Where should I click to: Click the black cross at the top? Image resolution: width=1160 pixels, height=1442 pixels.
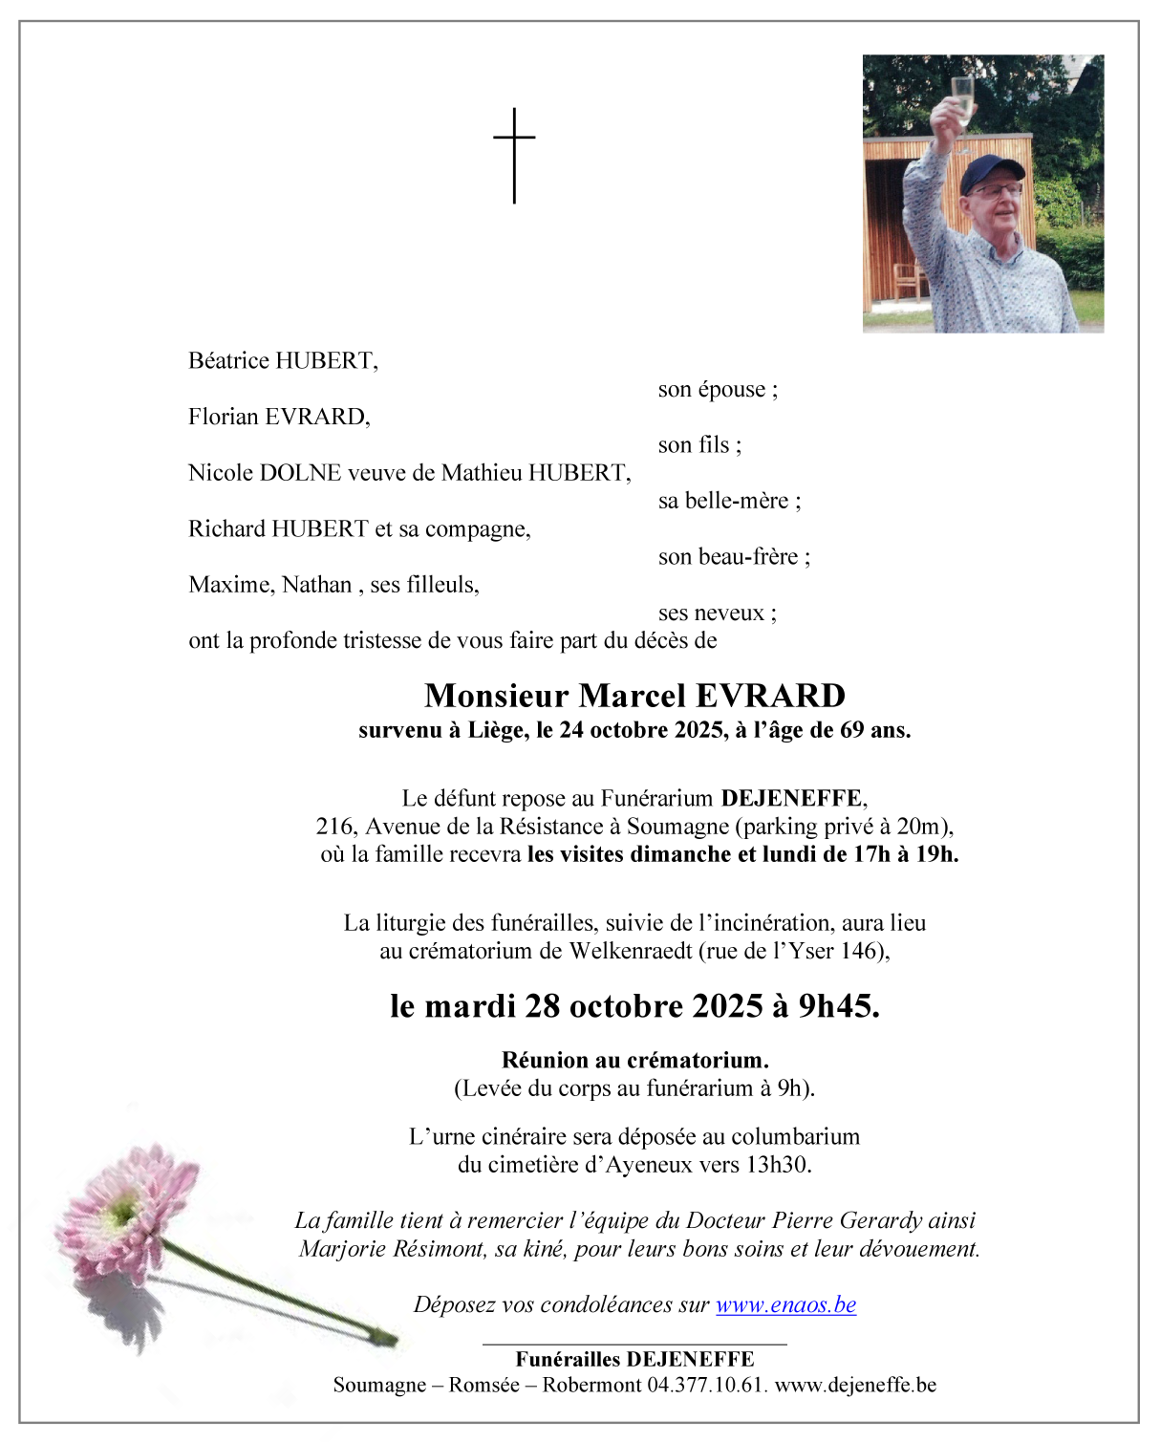pyautogui.click(x=514, y=154)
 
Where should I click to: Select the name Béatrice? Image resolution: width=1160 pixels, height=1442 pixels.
pyautogui.click(x=228, y=360)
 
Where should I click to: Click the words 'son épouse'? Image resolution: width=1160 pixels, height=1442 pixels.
pyautogui.click(x=718, y=389)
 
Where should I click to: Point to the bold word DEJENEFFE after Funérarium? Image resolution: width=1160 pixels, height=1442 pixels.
pyautogui.click(x=792, y=799)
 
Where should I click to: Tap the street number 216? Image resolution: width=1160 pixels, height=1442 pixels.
pyautogui.click(x=335, y=827)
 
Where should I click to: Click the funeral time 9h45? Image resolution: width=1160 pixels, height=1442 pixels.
pyautogui.click(x=838, y=1006)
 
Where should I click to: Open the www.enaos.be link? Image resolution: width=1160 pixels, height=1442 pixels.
pyautogui.click(x=785, y=1305)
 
